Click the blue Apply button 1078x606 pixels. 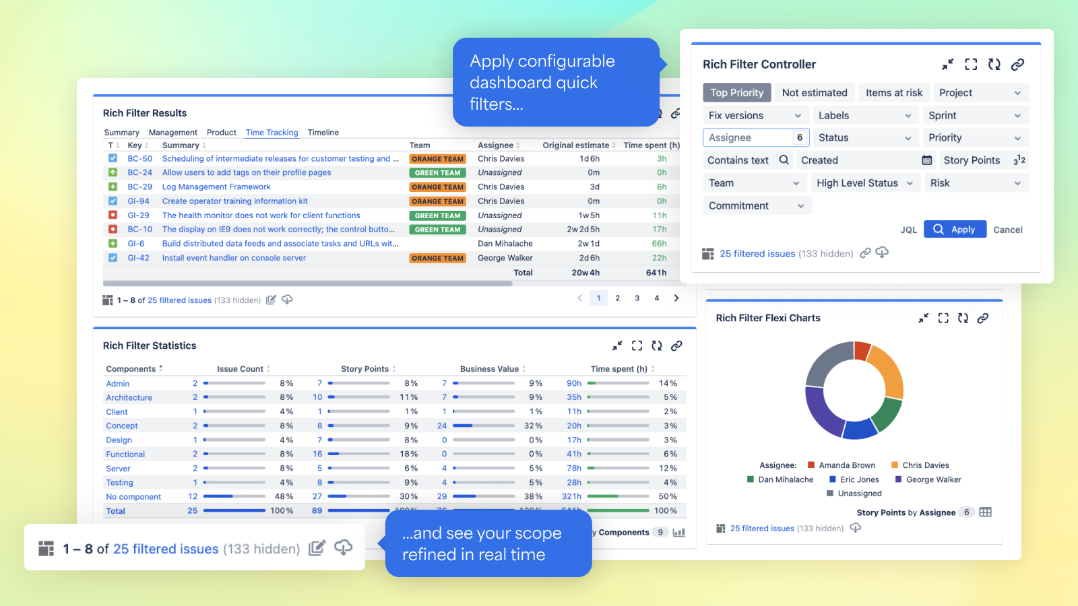click(955, 230)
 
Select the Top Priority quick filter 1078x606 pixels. click(736, 93)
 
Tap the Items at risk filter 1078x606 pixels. click(894, 93)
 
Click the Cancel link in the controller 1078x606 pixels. click(1007, 230)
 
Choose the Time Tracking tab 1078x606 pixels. click(272, 133)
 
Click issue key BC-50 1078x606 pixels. click(140, 159)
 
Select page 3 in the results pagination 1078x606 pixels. click(637, 298)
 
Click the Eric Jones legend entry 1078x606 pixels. click(859, 479)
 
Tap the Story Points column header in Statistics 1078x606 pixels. click(364, 369)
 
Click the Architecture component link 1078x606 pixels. click(129, 398)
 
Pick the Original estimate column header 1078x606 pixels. click(575, 145)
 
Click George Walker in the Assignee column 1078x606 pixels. click(505, 258)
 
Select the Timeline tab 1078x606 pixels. click(323, 133)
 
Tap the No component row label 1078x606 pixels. click(133, 497)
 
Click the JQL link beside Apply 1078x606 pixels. click(908, 230)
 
